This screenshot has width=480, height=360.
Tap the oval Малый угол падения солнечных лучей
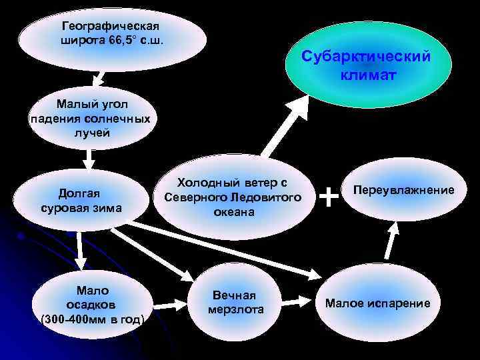click(90, 119)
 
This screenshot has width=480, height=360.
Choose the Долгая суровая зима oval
click(81, 200)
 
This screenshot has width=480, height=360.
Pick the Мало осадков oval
click(93, 305)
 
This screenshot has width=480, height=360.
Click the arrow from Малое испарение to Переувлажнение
click(393, 240)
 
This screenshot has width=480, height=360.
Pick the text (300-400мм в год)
click(93, 319)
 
